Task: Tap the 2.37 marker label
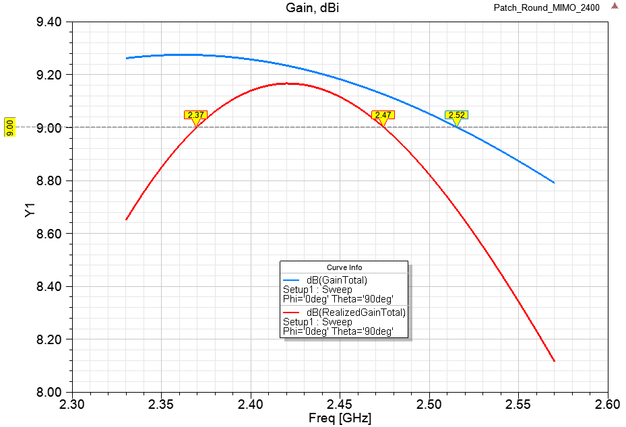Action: [x=195, y=115]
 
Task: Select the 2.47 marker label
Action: [x=383, y=115]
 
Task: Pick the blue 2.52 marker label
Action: [x=456, y=115]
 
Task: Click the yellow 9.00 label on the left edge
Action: [x=9, y=127]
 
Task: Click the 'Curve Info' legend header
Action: [x=344, y=267]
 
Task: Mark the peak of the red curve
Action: [x=286, y=84]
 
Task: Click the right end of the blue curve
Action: [x=554, y=183]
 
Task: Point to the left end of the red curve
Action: [x=126, y=220]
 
